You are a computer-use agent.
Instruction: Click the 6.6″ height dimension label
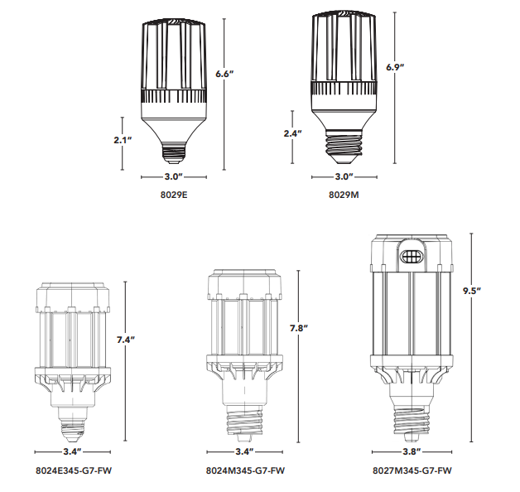pyautogui.click(x=224, y=74)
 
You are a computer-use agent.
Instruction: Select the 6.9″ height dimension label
pyautogui.click(x=395, y=67)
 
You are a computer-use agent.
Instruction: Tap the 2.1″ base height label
pyautogui.click(x=123, y=140)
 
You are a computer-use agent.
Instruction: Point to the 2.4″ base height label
pyautogui.click(x=292, y=133)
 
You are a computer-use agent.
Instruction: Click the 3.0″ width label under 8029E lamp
pyautogui.click(x=174, y=176)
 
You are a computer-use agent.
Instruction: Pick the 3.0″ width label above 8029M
pyautogui.click(x=344, y=176)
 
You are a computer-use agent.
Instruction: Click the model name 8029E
pyautogui.click(x=174, y=195)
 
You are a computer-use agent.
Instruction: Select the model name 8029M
pyautogui.click(x=344, y=195)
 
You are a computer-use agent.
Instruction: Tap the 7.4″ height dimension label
pyautogui.click(x=126, y=340)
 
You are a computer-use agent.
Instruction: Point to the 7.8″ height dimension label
pyautogui.click(x=299, y=328)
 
